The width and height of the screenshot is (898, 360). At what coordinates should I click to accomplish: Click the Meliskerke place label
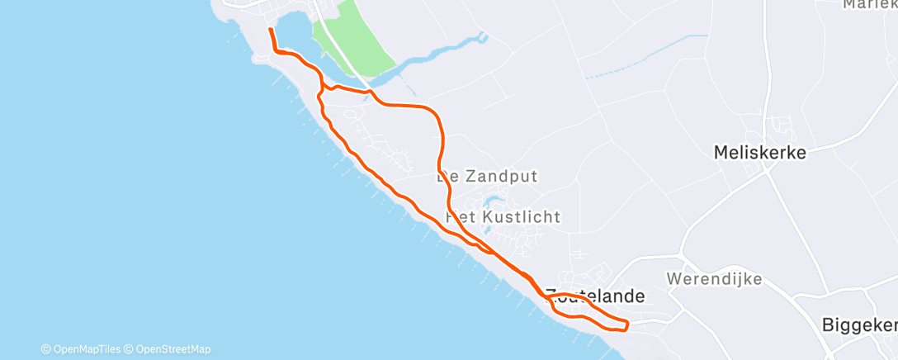(759, 152)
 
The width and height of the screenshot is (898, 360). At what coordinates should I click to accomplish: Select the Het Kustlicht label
(503, 217)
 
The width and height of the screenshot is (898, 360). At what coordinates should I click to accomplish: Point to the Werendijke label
(715, 278)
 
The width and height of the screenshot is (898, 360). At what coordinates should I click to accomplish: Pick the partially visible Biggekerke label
(859, 325)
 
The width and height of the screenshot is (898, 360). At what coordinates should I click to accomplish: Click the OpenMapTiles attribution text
(81, 348)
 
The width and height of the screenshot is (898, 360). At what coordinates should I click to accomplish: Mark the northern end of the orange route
(270, 30)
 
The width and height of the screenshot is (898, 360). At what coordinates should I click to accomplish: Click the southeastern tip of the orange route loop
(626, 324)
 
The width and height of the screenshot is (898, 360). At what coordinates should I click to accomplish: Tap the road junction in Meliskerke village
(766, 170)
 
